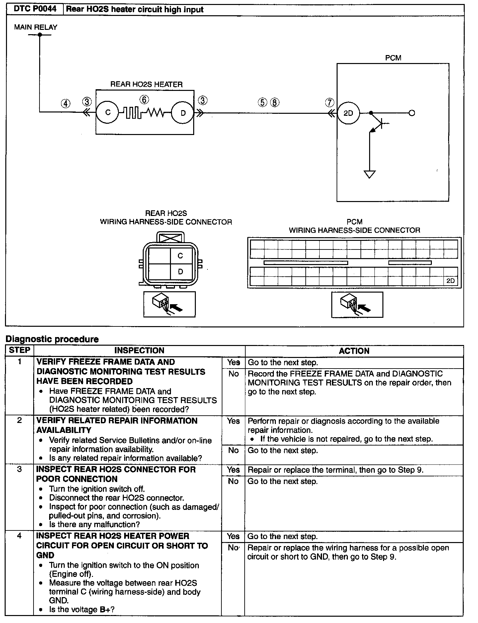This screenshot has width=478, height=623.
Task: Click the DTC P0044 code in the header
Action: [x=34, y=9]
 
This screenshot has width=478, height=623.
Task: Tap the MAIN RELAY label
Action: [x=36, y=27]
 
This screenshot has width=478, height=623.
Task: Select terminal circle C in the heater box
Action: [x=108, y=113]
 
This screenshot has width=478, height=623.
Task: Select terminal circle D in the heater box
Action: [x=183, y=113]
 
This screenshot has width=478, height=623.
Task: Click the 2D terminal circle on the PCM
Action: [x=348, y=113]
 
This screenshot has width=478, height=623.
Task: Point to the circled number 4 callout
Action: [x=66, y=104]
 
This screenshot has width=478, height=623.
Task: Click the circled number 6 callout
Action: [x=144, y=100]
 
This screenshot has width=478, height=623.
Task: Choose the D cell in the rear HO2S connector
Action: [x=180, y=272]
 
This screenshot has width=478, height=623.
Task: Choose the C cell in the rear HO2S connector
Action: [x=180, y=256]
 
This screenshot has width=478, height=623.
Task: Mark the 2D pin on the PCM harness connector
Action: [x=450, y=281]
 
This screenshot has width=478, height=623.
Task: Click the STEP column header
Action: [x=20, y=350]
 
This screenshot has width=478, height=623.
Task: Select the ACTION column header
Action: [x=354, y=351]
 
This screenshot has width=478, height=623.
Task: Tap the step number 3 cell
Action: [x=20, y=469]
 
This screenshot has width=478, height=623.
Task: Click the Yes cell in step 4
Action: [x=233, y=536]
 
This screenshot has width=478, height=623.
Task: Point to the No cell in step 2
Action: [x=233, y=450]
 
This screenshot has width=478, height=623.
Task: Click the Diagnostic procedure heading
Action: [x=52, y=339]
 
